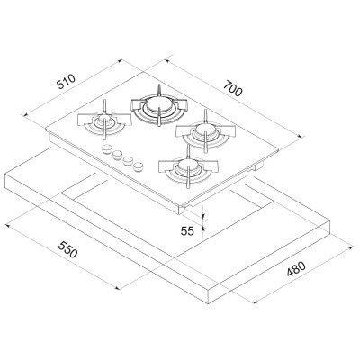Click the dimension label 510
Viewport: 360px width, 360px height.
[x=66, y=82]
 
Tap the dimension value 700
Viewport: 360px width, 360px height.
[x=232, y=89]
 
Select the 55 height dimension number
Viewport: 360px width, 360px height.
[x=187, y=231]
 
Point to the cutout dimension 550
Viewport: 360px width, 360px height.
[x=67, y=249]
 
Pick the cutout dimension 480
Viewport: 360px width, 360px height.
[x=296, y=269]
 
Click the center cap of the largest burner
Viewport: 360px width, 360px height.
[x=158, y=105]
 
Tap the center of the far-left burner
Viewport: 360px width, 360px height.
[x=103, y=121]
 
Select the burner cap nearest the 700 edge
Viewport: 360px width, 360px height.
[x=205, y=130]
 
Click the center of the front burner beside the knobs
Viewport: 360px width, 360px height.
[x=188, y=165]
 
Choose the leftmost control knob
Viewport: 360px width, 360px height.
[x=106, y=149]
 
